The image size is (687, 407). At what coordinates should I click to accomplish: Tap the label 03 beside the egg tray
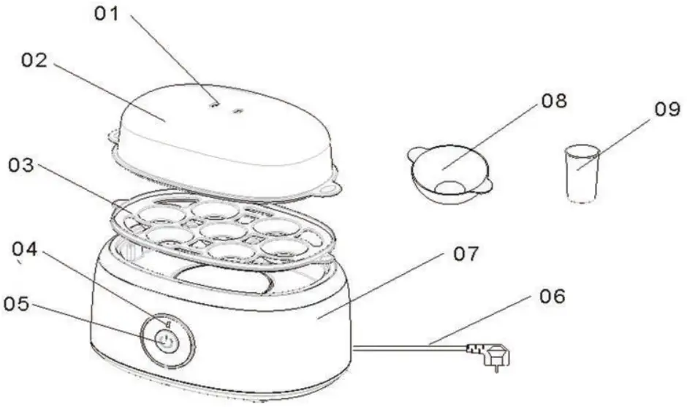tap(23, 164)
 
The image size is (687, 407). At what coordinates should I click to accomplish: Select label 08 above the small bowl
tap(553, 100)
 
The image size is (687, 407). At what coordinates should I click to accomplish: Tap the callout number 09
tap(667, 110)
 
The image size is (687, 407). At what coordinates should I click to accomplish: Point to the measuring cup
tap(581, 172)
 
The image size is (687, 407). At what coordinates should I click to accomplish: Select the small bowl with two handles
tap(447, 173)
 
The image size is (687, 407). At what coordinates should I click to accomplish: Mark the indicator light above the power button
tap(167, 322)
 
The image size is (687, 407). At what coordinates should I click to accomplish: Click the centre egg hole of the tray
tap(224, 231)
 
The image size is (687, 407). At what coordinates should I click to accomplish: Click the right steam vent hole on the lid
tap(238, 112)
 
